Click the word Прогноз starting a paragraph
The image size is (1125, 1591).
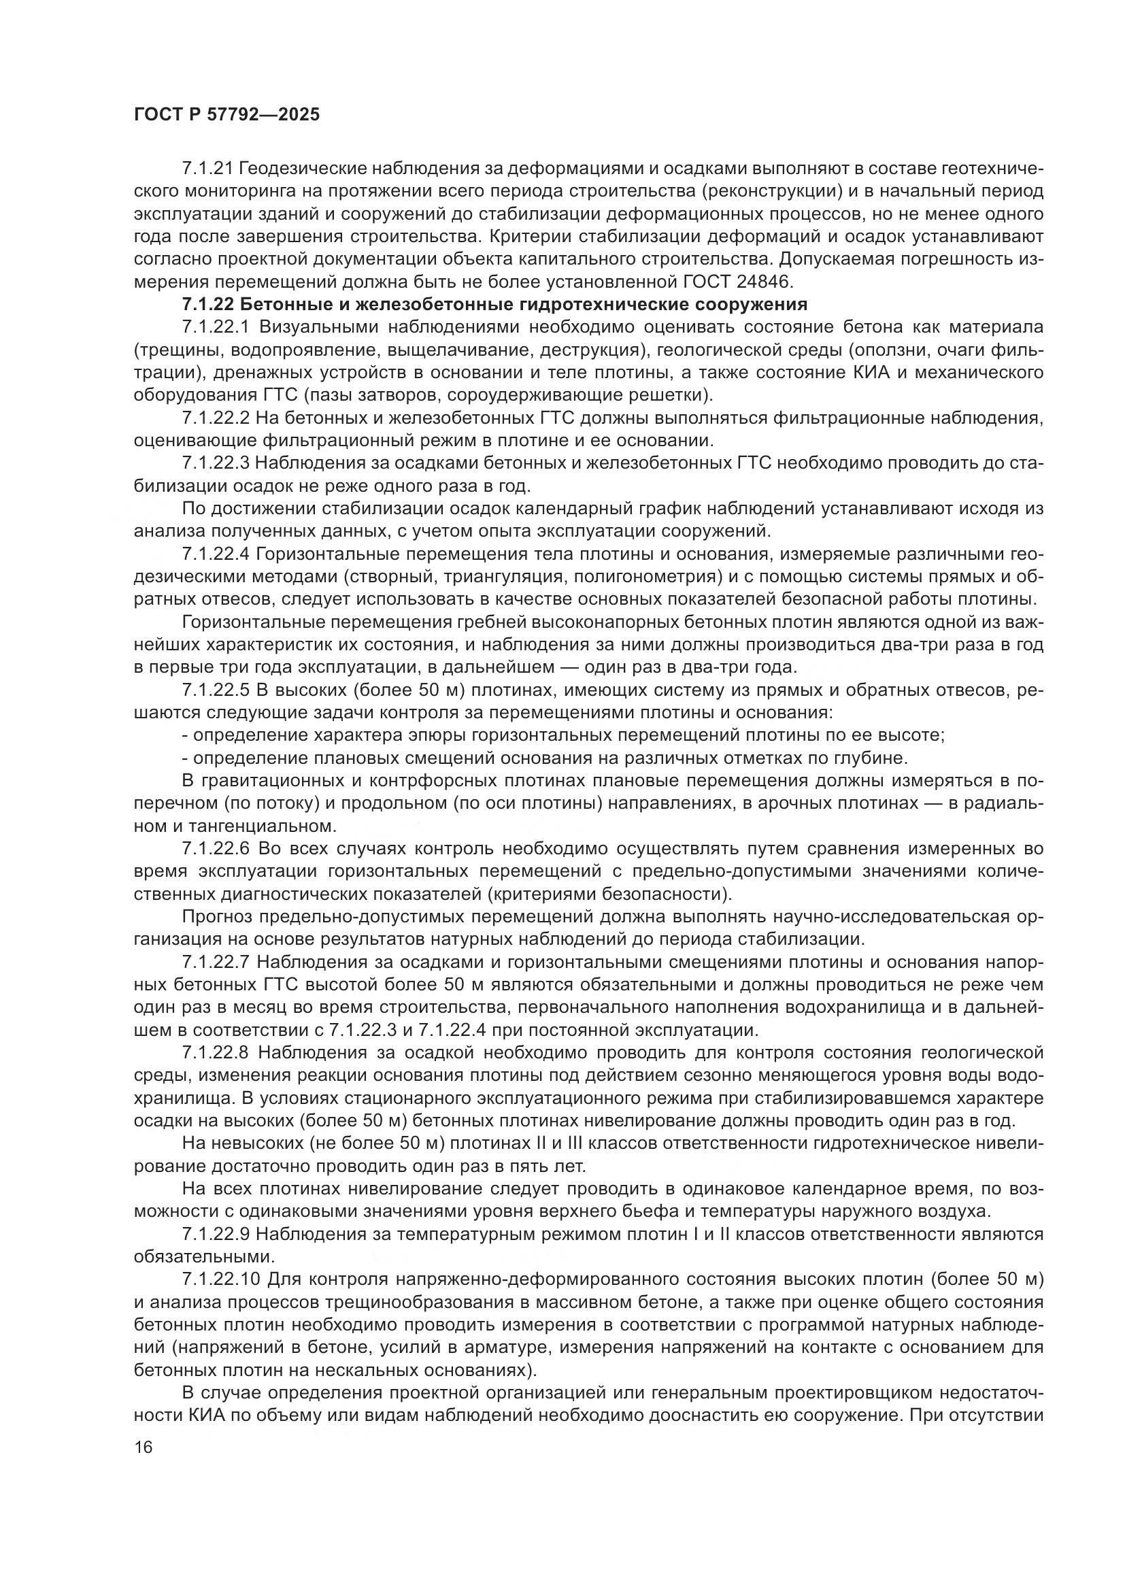pyautogui.click(x=216, y=917)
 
